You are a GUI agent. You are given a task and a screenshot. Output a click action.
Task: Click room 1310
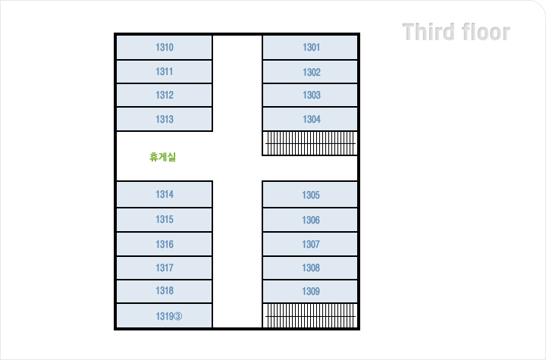(164, 48)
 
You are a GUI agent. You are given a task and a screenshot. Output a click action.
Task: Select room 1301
(310, 48)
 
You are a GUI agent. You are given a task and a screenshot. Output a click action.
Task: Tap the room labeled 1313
(164, 120)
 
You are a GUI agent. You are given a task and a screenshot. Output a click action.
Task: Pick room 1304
(310, 120)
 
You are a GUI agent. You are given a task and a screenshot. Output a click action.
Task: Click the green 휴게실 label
(163, 158)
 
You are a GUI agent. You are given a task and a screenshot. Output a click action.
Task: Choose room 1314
(164, 195)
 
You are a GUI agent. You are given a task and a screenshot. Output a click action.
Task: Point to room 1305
(310, 196)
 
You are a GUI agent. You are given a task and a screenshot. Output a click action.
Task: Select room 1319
(164, 316)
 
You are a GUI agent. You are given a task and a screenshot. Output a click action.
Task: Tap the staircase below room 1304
(310, 143)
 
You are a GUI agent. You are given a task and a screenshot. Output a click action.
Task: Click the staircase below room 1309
(310, 315)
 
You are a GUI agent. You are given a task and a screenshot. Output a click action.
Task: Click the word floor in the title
(486, 33)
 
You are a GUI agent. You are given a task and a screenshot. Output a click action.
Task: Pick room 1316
(164, 245)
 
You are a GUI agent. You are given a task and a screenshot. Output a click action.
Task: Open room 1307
(310, 245)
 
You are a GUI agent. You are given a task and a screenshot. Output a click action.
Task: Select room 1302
(310, 73)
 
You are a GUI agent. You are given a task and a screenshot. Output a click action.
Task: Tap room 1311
(164, 72)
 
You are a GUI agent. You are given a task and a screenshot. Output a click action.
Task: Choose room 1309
(310, 292)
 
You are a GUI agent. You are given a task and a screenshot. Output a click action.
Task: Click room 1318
(164, 291)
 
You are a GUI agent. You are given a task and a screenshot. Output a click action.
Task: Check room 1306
(310, 221)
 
